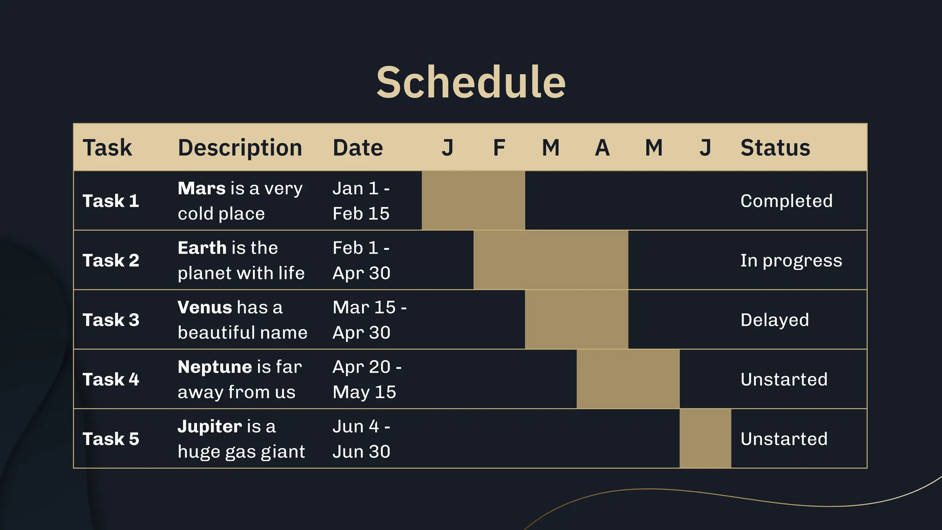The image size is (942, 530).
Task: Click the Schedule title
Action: (471, 82)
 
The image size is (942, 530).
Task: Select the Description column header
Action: (240, 148)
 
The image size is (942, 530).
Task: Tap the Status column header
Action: (775, 148)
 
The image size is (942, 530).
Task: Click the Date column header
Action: (357, 148)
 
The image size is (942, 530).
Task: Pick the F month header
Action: (499, 148)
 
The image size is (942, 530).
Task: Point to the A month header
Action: (602, 148)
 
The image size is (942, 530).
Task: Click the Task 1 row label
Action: (111, 201)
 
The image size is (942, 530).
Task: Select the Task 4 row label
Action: (111, 380)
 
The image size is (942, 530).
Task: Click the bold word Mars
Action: (201, 189)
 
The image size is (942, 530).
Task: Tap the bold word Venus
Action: (205, 307)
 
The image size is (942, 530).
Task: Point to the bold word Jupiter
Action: (210, 426)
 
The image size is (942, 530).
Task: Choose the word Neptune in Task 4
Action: (215, 367)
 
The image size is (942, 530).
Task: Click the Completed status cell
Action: (786, 201)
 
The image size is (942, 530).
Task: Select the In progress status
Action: (791, 260)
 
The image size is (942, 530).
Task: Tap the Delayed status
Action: (775, 320)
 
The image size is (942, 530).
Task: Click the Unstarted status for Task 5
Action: (784, 439)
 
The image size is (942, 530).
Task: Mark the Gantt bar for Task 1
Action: (473, 201)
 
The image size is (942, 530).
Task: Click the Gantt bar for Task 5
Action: (705, 438)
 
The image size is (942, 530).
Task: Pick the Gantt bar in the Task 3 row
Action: (576, 319)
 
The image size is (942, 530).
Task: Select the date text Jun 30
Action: (361, 452)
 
